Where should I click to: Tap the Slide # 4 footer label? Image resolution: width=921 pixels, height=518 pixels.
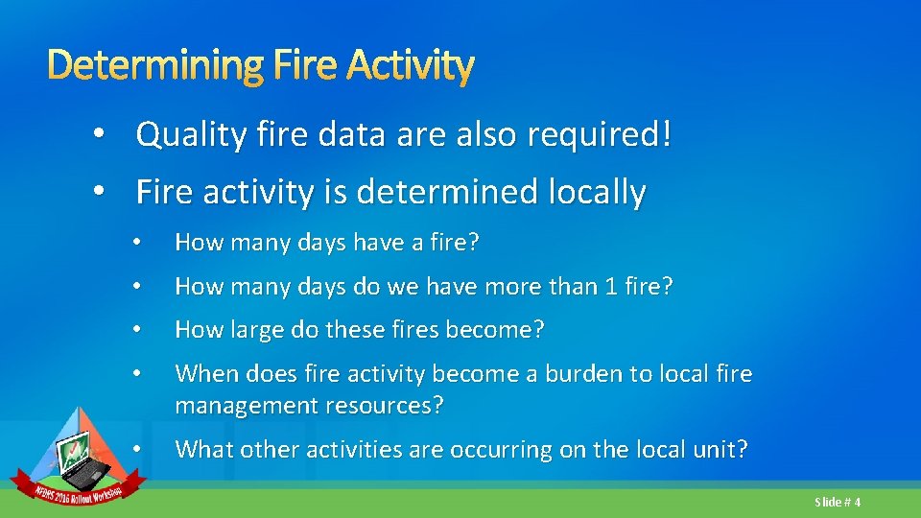pos(838,502)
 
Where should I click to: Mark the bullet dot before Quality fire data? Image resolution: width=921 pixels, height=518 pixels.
pos(100,135)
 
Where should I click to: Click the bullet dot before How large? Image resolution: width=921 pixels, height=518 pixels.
pos(138,330)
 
